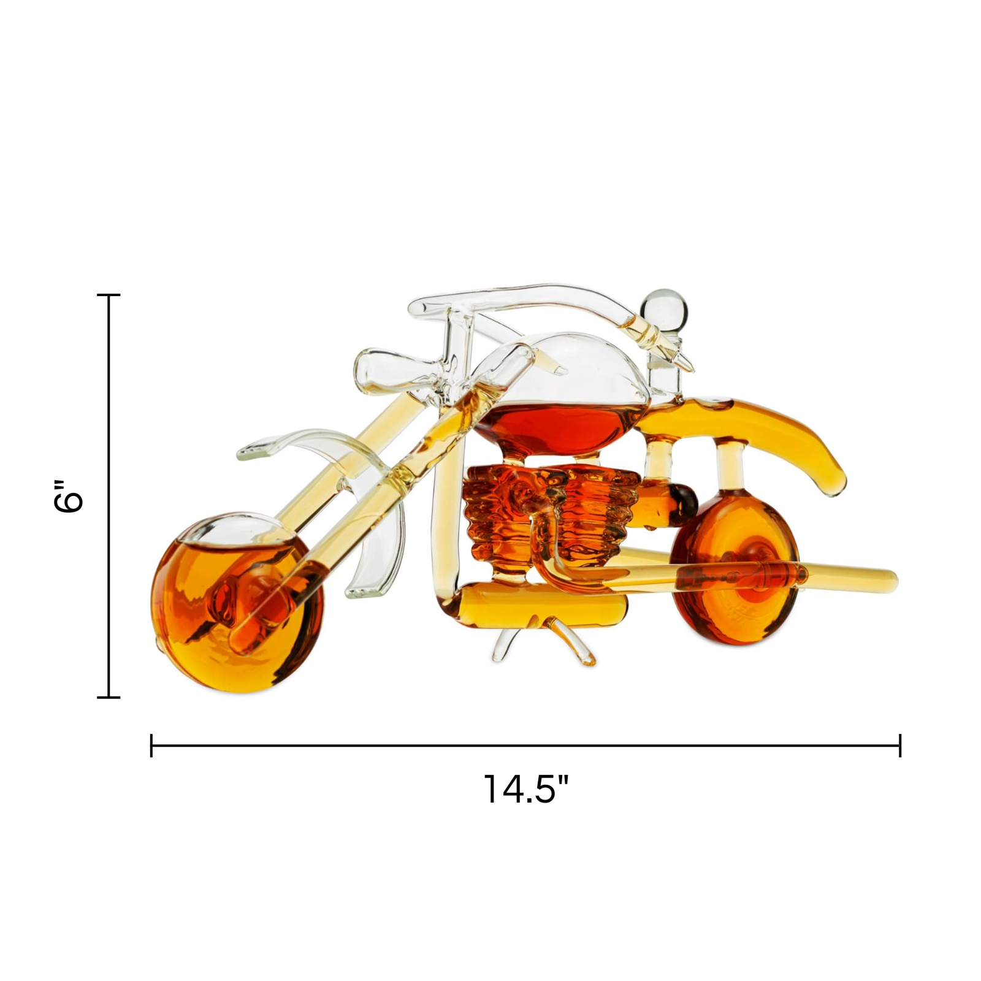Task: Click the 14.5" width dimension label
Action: click(526, 788)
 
